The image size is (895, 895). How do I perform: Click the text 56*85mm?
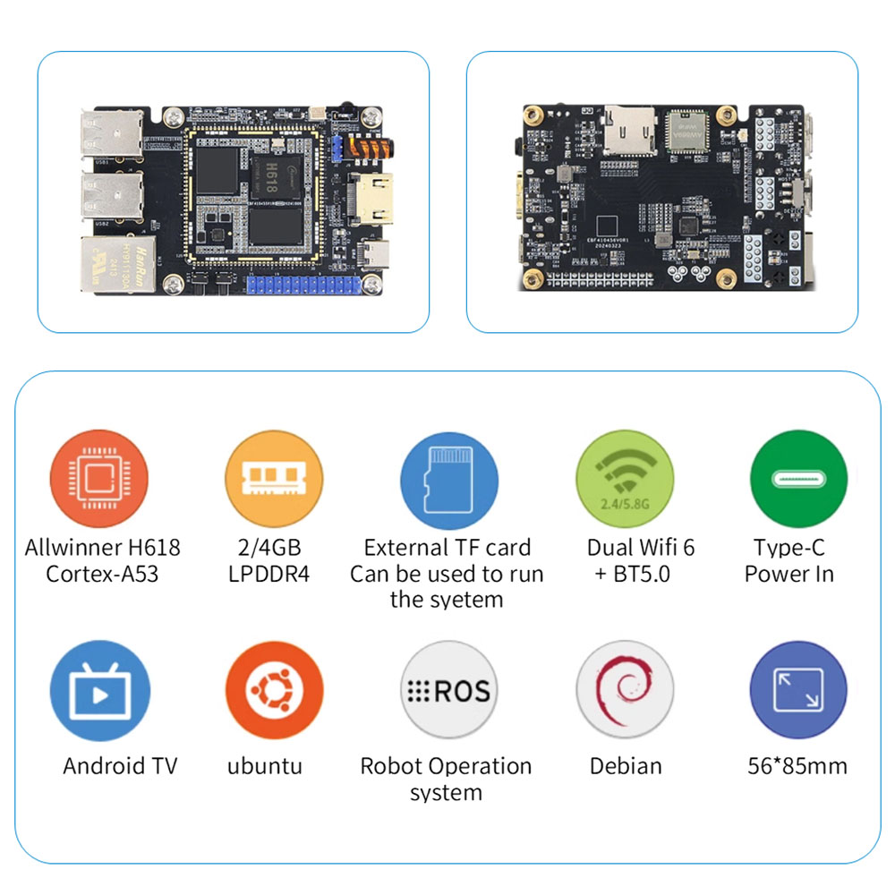[x=797, y=766]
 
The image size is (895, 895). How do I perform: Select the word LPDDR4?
[x=268, y=574]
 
